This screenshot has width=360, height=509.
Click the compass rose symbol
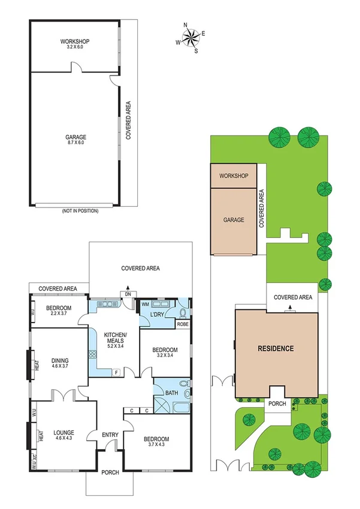click(192, 38)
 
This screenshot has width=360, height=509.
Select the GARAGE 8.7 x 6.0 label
click(75, 138)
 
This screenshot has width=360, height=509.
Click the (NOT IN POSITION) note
click(80, 211)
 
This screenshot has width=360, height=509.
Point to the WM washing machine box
click(145, 304)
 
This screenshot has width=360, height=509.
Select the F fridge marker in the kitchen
click(116, 372)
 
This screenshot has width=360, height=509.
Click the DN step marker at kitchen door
click(128, 293)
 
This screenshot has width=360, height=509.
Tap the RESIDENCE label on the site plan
click(276, 348)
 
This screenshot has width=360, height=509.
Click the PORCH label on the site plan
click(277, 403)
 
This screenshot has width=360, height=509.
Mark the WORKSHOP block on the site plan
click(234, 177)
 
